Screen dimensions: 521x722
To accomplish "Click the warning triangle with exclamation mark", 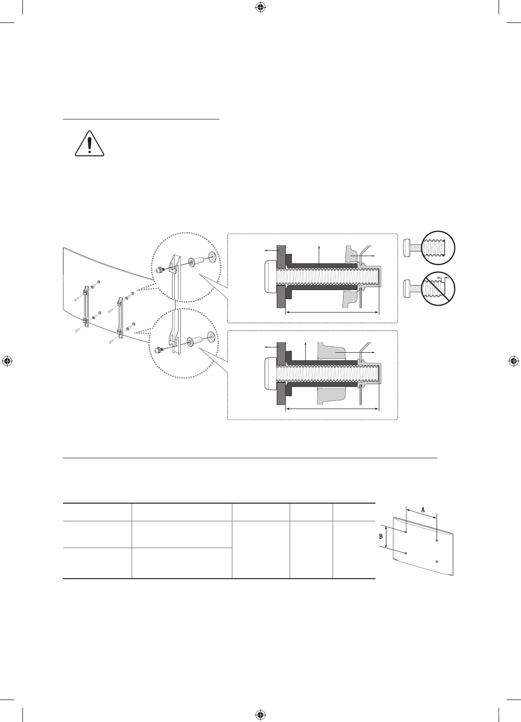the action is [90, 144].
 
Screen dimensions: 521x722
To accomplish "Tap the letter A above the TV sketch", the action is [423, 509].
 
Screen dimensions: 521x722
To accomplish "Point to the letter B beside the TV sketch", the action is [381, 536].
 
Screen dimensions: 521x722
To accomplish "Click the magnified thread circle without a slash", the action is [438, 248].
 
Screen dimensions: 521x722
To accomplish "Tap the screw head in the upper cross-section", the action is [270, 277].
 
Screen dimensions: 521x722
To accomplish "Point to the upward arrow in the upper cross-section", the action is [319, 255].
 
